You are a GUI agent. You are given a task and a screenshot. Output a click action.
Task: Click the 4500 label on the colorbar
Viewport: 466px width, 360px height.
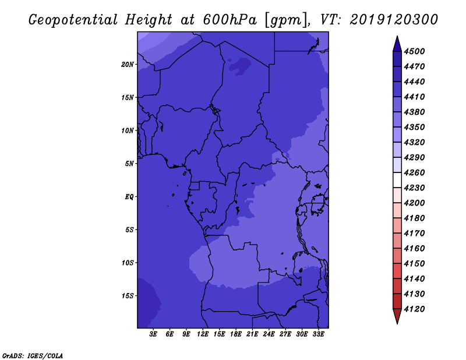point(414,51)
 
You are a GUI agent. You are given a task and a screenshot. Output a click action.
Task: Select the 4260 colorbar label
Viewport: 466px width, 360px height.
point(414,172)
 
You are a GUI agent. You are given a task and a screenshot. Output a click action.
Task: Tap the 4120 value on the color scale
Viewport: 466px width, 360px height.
point(414,309)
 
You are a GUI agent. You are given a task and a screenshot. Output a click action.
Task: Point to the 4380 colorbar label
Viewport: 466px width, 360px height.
point(414,112)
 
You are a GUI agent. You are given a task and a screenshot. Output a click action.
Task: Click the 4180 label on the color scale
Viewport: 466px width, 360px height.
point(414,218)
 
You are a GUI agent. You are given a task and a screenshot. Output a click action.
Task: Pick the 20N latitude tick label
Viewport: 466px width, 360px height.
point(128,65)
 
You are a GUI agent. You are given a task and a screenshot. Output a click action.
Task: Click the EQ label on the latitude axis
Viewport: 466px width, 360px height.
point(129,197)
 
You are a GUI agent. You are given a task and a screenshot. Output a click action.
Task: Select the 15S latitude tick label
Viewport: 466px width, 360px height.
point(128,296)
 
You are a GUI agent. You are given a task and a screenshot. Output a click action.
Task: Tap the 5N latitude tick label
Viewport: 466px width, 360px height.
point(129,164)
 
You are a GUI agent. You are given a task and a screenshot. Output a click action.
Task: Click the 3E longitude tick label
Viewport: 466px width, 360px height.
point(153,334)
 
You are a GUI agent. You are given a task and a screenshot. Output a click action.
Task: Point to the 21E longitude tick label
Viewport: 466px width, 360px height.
point(252,334)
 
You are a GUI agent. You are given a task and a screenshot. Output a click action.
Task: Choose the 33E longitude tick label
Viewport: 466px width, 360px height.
point(318,334)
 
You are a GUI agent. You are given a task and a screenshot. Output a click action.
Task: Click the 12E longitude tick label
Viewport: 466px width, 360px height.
point(203,334)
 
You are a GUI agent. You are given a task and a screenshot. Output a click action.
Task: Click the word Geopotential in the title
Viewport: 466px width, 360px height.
point(73,20)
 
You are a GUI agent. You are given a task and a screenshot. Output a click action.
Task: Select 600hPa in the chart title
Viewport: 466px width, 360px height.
point(230,20)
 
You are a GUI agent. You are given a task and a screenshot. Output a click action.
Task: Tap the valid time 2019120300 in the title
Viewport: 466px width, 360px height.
point(394,20)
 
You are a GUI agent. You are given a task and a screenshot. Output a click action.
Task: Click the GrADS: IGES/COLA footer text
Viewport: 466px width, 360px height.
point(33,356)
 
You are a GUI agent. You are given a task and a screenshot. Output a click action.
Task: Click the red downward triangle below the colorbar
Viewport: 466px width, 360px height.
point(397,316)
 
